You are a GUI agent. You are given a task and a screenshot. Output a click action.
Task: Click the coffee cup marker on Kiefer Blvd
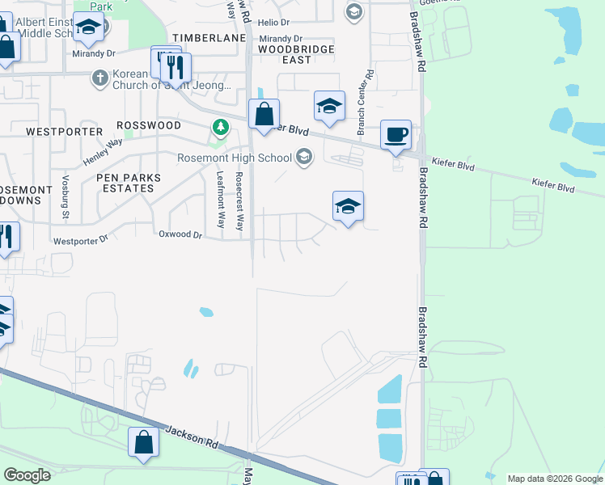(396, 135)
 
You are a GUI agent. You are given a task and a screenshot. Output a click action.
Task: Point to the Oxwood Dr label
(180, 234)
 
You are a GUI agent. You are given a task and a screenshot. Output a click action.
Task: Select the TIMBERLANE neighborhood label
(202, 38)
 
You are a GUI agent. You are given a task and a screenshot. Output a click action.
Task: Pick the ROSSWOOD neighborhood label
(149, 125)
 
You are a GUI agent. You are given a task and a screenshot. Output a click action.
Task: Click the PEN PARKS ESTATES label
(128, 183)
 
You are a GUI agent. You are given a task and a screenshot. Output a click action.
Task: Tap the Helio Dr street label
(274, 22)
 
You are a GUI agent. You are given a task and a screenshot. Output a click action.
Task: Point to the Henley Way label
(103, 146)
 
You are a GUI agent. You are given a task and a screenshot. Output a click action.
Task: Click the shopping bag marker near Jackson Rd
(143, 442)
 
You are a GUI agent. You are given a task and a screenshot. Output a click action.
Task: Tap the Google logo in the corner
(27, 475)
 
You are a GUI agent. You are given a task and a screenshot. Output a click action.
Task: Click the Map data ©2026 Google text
(555, 479)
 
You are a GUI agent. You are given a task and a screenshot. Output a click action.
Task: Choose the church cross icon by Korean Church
(99, 78)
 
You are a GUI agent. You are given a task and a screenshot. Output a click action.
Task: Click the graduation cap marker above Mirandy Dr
(88, 28)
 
